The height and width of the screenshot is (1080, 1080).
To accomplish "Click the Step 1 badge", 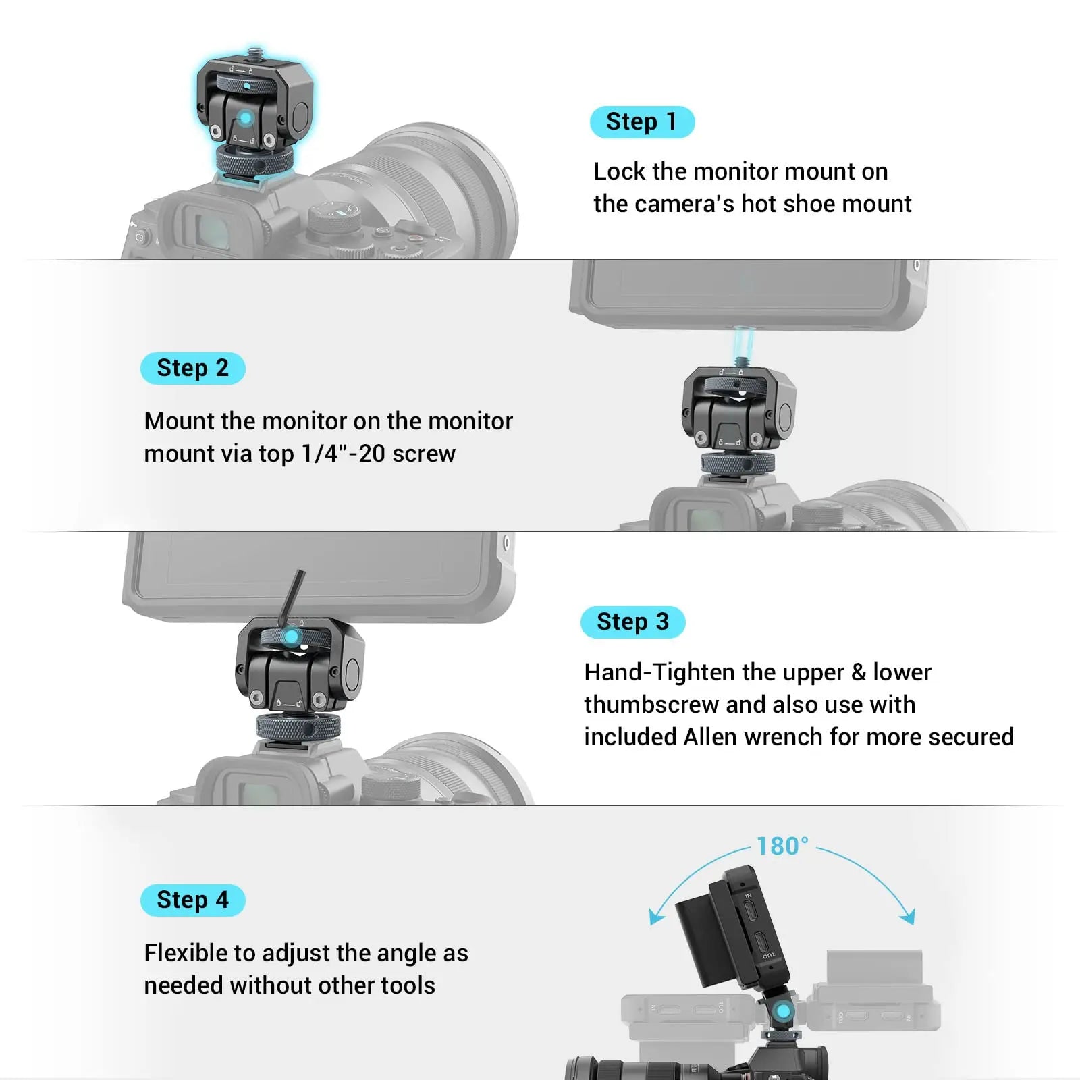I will click(642, 122).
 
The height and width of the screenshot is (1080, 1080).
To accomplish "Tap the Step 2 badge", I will click(192, 369).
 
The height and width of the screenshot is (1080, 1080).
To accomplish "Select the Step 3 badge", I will click(632, 622).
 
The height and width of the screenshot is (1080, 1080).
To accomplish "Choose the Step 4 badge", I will click(192, 900).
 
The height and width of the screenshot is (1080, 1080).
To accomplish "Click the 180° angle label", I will click(782, 846).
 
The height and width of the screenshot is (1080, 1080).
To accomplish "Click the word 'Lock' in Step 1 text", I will click(619, 171).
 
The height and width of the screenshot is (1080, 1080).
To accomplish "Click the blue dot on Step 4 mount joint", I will click(783, 1011).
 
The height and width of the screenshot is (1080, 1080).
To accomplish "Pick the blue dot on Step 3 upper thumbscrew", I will click(292, 637).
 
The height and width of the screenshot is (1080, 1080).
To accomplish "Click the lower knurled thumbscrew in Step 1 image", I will click(254, 161).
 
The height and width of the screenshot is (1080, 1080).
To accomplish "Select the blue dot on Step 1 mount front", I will click(246, 119).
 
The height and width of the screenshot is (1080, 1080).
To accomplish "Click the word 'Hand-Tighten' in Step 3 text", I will click(647, 672).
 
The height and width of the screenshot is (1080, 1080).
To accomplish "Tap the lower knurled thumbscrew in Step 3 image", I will click(298, 728).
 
